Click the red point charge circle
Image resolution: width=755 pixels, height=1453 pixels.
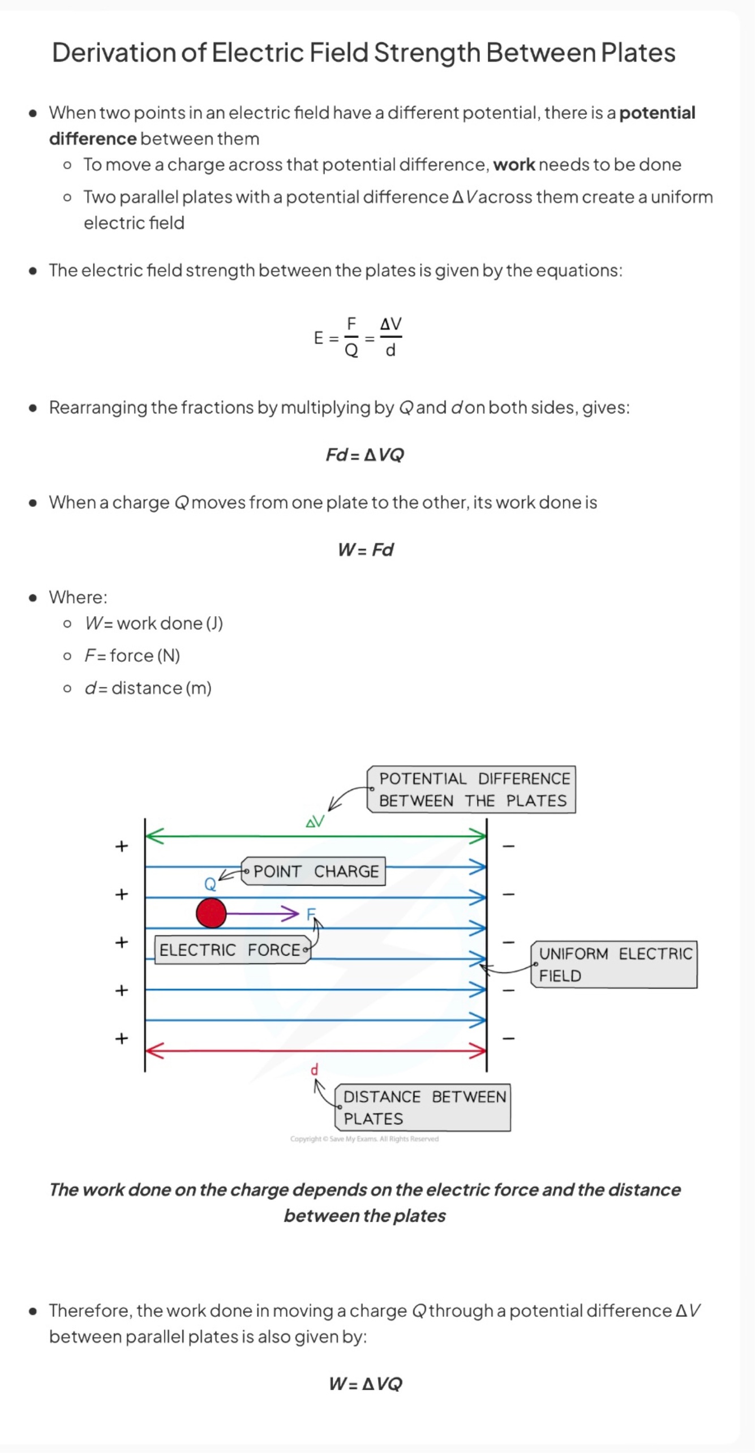pyautogui.click(x=211, y=913)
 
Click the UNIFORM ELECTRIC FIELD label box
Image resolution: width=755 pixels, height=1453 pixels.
pyautogui.click(x=614, y=965)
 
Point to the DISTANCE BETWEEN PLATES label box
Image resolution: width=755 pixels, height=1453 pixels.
pyautogui.click(x=423, y=1107)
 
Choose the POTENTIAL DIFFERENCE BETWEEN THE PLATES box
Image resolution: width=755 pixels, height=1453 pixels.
pyautogui.click(x=472, y=789)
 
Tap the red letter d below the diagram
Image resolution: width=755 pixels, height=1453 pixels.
pyautogui.click(x=315, y=1069)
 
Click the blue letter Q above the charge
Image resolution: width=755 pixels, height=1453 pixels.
pyautogui.click(x=209, y=884)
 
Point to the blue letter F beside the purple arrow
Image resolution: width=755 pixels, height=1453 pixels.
pyautogui.click(x=311, y=913)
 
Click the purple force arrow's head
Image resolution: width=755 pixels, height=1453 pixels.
pyautogui.click(x=291, y=913)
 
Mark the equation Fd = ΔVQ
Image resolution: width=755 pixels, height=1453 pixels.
pyautogui.click(x=365, y=455)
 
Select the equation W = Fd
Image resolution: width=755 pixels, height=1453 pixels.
pyautogui.click(x=365, y=550)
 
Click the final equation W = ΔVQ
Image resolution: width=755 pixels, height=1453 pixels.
pyautogui.click(x=365, y=1384)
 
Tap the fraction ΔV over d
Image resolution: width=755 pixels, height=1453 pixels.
pyautogui.click(x=391, y=338)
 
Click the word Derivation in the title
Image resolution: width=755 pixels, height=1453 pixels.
pyautogui.click(x=114, y=53)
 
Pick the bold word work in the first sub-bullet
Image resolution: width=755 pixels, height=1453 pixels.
pyautogui.click(x=514, y=165)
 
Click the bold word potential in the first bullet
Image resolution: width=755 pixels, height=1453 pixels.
pyautogui.click(x=657, y=113)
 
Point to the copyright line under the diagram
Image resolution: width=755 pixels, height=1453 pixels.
pyautogui.click(x=364, y=1139)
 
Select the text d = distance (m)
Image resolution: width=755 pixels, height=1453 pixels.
pyautogui.click(x=148, y=688)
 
